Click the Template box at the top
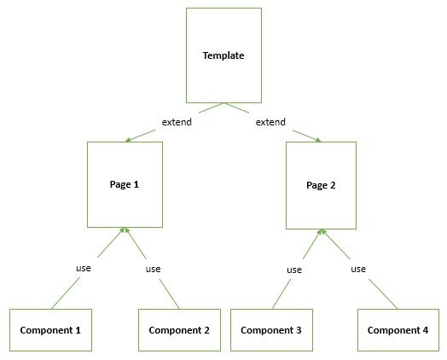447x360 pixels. pos(223,55)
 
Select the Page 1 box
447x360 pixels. pos(125,184)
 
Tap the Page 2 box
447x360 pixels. pos(321,184)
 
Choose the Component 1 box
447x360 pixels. pos(50,330)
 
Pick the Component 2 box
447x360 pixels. pos(179,330)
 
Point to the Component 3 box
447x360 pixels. pos(271,330)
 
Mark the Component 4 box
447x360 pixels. pos(398,330)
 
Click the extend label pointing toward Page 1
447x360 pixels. pos(177,122)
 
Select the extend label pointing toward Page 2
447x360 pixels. pos(270,122)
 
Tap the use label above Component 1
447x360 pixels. pos(83,268)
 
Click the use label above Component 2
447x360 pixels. pos(153,269)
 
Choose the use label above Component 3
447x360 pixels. pos(293,270)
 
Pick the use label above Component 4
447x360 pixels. pos(358,269)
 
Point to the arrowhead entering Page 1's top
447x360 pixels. pos(128,139)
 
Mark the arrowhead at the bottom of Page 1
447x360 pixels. pos(125,230)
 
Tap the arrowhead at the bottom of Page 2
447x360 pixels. pos(321,231)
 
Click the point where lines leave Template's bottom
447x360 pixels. pos(223,103)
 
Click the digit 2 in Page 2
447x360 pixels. pos(334,184)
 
